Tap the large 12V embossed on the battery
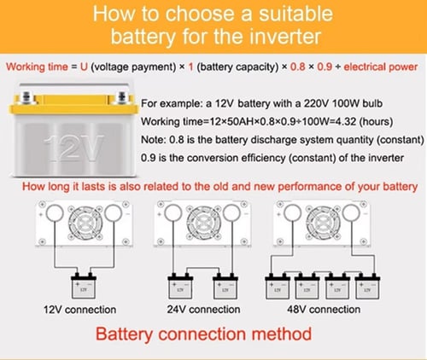pyautogui.click(x=73, y=148)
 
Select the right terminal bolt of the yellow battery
pyautogui.click(x=121, y=96)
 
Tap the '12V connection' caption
pyautogui.click(x=79, y=310)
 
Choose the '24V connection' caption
pyautogui.click(x=203, y=310)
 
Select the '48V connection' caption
pyautogui.click(x=324, y=310)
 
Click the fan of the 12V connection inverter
pyautogui.click(x=85, y=223)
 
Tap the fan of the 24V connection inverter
pyautogui.click(x=204, y=223)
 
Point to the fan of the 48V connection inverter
pyautogui.click(x=323, y=223)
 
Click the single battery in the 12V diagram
pyautogui.click(x=84, y=286)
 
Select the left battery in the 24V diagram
pyautogui.click(x=180, y=286)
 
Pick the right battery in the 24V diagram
pyautogui.click(x=225, y=286)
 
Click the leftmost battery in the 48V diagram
pyautogui.click(x=278, y=286)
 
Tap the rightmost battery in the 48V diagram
pyautogui.click(x=367, y=286)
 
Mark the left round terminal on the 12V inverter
pyautogui.click(x=55, y=213)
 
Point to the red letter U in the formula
pyautogui.click(x=84, y=67)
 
